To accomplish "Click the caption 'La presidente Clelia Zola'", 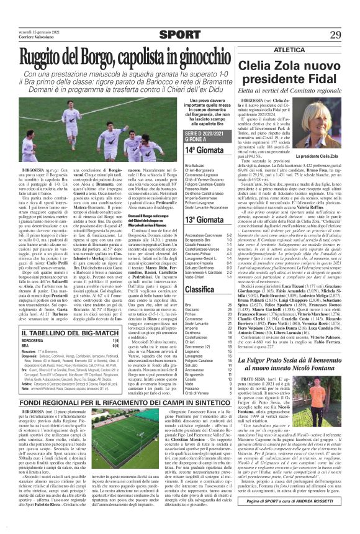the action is [x=320, y=155].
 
